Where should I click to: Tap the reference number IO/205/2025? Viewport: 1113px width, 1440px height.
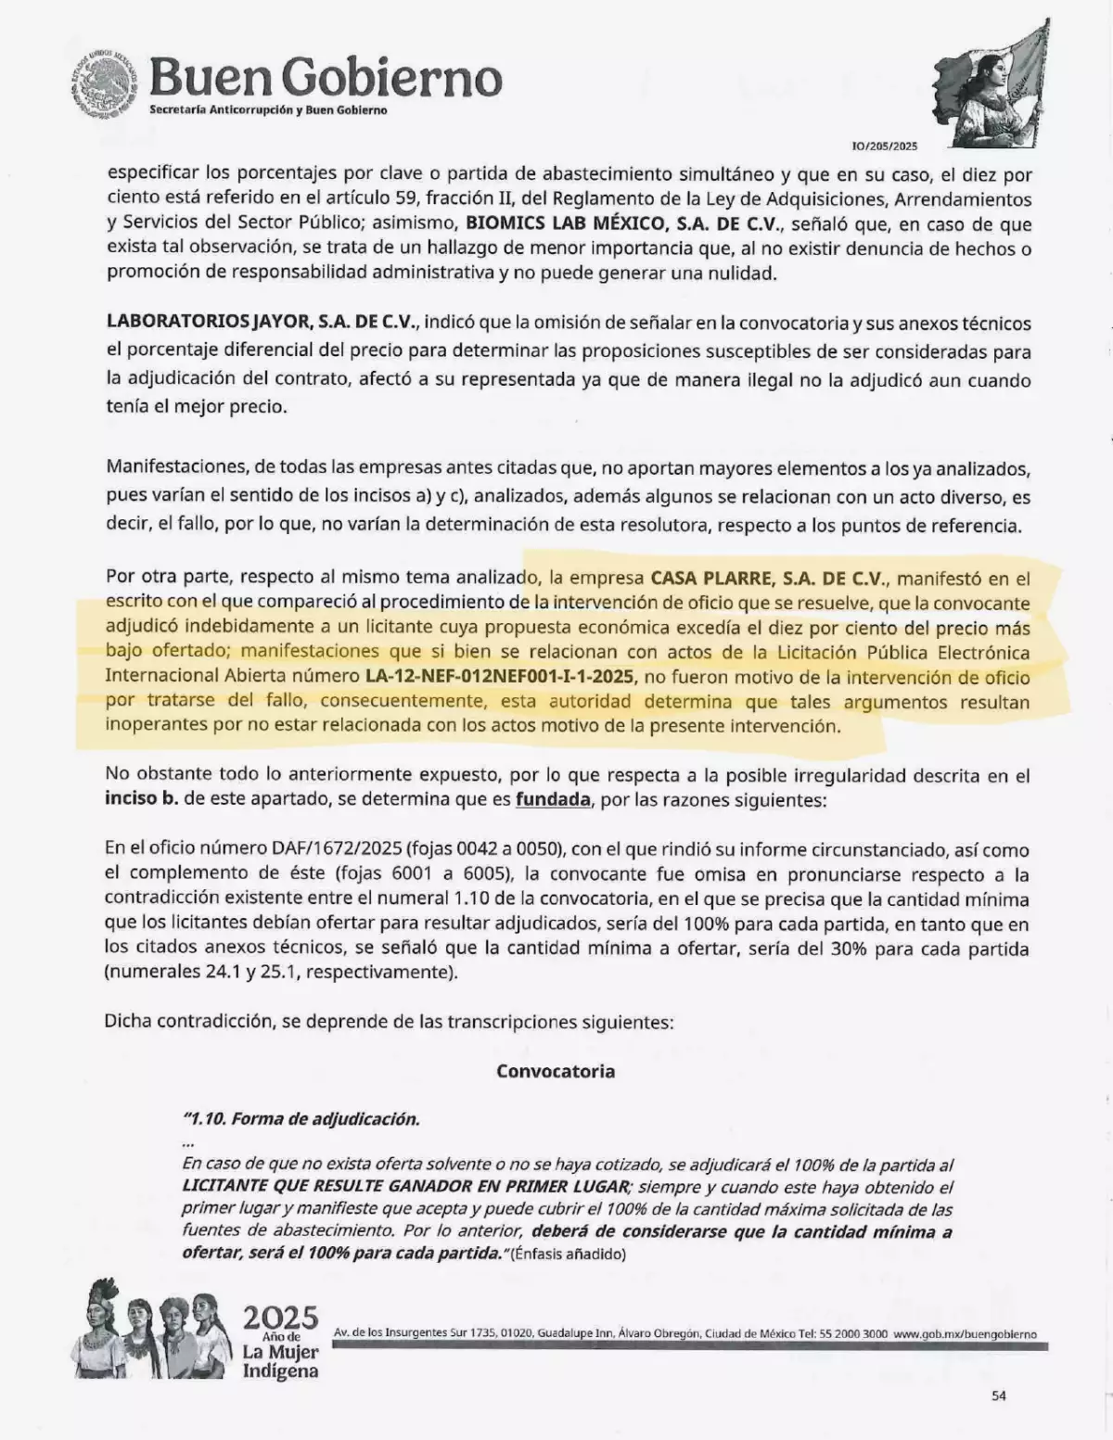884,146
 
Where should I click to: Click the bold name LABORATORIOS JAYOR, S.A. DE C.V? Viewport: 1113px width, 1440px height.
263,324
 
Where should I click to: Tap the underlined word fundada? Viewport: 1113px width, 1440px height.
553,799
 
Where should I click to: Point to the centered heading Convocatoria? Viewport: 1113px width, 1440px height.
555,1071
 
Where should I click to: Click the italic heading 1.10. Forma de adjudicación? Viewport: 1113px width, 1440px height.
301,1119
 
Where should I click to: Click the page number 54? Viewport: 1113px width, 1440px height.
998,1395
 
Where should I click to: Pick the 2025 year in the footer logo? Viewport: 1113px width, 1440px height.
280,1318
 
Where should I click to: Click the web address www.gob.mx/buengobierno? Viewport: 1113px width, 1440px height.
965,1334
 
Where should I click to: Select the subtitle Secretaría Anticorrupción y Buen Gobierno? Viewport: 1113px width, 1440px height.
268,110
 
